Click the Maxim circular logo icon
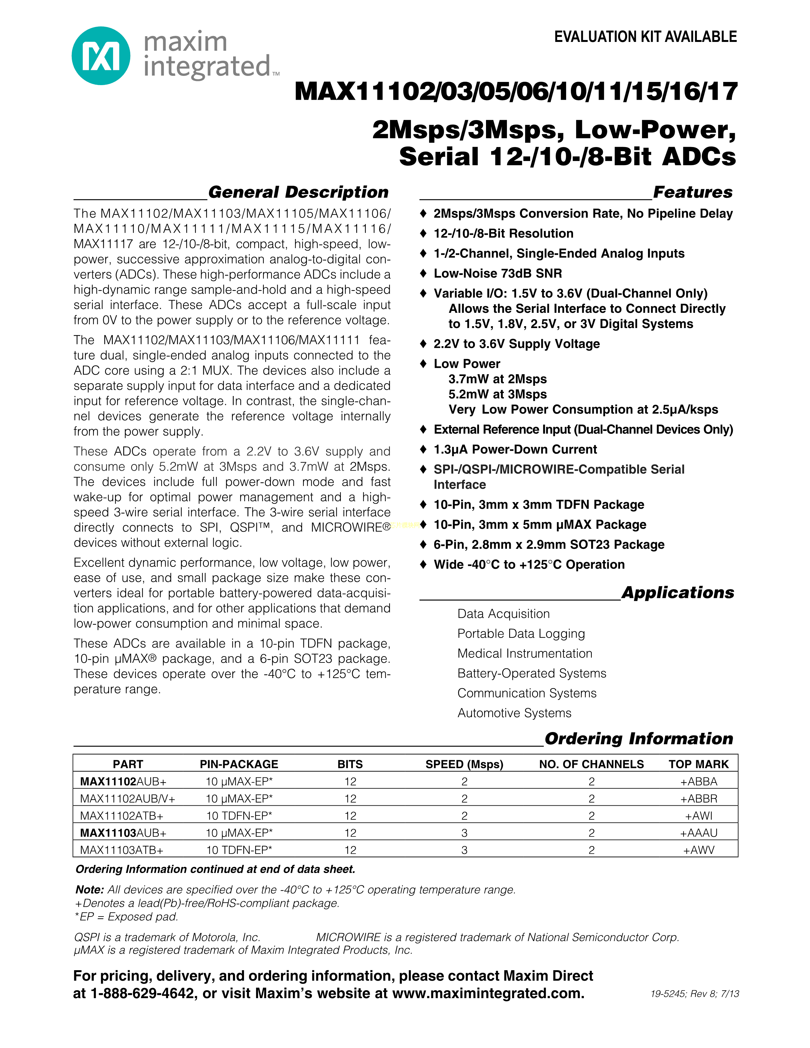[101, 56]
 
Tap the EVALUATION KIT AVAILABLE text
[645, 37]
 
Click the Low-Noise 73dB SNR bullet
[498, 273]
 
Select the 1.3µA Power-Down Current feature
[515, 450]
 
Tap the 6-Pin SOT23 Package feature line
[549, 545]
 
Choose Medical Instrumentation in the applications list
[524, 654]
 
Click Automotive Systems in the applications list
[514, 713]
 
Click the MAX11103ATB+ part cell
[122, 850]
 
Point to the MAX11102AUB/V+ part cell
[128, 799]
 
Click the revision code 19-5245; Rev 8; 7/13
[694, 994]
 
